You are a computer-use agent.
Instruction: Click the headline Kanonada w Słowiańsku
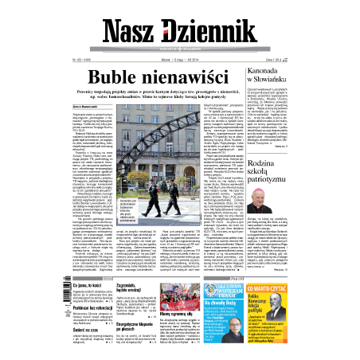[x=303, y=75]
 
